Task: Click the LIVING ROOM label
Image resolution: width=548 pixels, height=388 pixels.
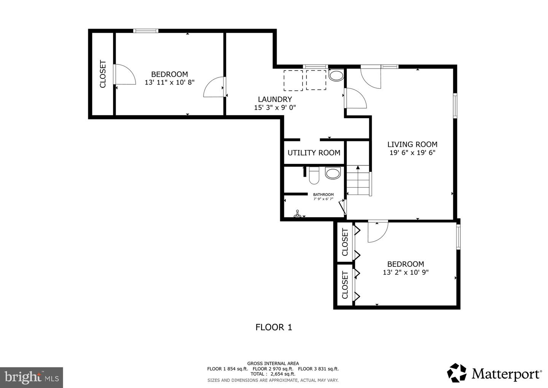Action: (x=412, y=144)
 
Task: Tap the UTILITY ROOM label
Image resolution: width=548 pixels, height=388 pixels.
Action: (x=314, y=153)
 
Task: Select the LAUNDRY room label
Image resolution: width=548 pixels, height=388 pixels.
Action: (x=275, y=99)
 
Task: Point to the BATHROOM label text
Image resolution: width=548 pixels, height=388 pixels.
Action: (x=323, y=194)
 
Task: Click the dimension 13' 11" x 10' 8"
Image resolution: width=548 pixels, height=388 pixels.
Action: (x=170, y=82)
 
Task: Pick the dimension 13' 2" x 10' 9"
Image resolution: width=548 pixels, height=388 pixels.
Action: (x=406, y=273)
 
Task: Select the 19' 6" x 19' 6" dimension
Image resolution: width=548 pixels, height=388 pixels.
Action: (x=413, y=152)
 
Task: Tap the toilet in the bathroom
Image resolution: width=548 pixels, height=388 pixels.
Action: (x=314, y=175)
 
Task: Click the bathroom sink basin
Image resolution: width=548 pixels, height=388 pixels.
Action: (x=333, y=173)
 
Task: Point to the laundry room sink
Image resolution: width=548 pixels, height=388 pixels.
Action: (x=336, y=76)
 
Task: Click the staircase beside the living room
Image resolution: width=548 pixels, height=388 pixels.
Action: (x=358, y=180)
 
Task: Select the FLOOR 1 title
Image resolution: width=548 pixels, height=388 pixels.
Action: (x=274, y=327)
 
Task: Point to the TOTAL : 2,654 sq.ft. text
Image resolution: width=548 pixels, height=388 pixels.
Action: (x=273, y=374)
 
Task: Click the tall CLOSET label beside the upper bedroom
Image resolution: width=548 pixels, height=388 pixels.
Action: (x=103, y=74)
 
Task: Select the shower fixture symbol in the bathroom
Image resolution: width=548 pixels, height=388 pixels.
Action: (x=298, y=213)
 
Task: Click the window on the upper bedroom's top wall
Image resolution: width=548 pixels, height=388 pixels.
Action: (x=146, y=31)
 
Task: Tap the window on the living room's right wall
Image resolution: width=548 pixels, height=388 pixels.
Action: (x=455, y=106)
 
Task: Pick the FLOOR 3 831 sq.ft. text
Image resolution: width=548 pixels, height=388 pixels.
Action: (x=318, y=369)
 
